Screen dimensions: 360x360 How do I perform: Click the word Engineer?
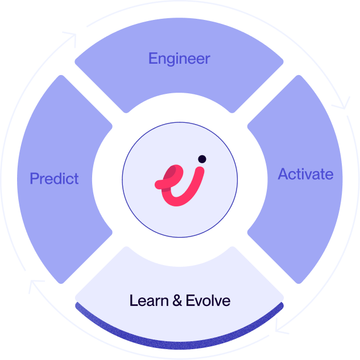coord(179,58)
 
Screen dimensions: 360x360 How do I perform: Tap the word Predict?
coord(54,179)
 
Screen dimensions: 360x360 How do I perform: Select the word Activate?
coord(305,174)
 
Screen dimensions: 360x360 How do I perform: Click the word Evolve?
coord(208,300)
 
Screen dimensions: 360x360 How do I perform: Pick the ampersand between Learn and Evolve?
coord(176,300)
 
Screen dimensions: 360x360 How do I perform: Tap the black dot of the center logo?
coord(202,159)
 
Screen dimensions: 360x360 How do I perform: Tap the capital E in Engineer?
coord(152,58)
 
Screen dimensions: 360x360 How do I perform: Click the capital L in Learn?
coord(133,300)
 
